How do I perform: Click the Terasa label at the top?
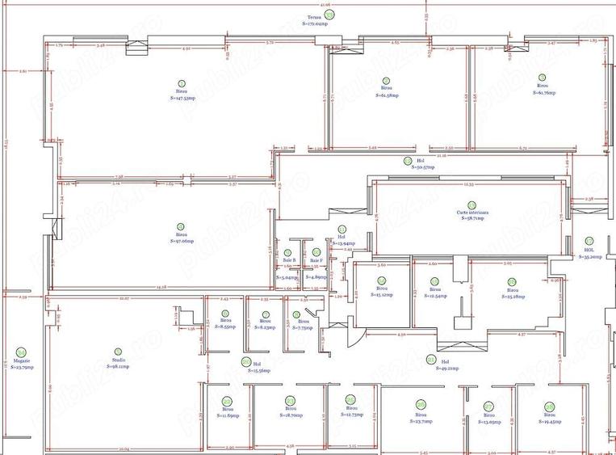pyautogui.click(x=314, y=17)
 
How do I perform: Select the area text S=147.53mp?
pyautogui.click(x=181, y=99)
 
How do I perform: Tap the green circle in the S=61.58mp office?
pyautogui.click(x=386, y=80)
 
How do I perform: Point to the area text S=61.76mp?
pyautogui.click(x=543, y=93)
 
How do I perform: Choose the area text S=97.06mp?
pyautogui.click(x=182, y=241)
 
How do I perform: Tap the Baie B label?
pyautogui.click(x=290, y=259)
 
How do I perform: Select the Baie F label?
pyautogui.click(x=316, y=260)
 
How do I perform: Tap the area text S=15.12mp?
pyautogui.click(x=381, y=295)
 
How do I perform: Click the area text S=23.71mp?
pyautogui.click(x=420, y=421)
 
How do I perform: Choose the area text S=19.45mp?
pyautogui.click(x=549, y=422)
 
